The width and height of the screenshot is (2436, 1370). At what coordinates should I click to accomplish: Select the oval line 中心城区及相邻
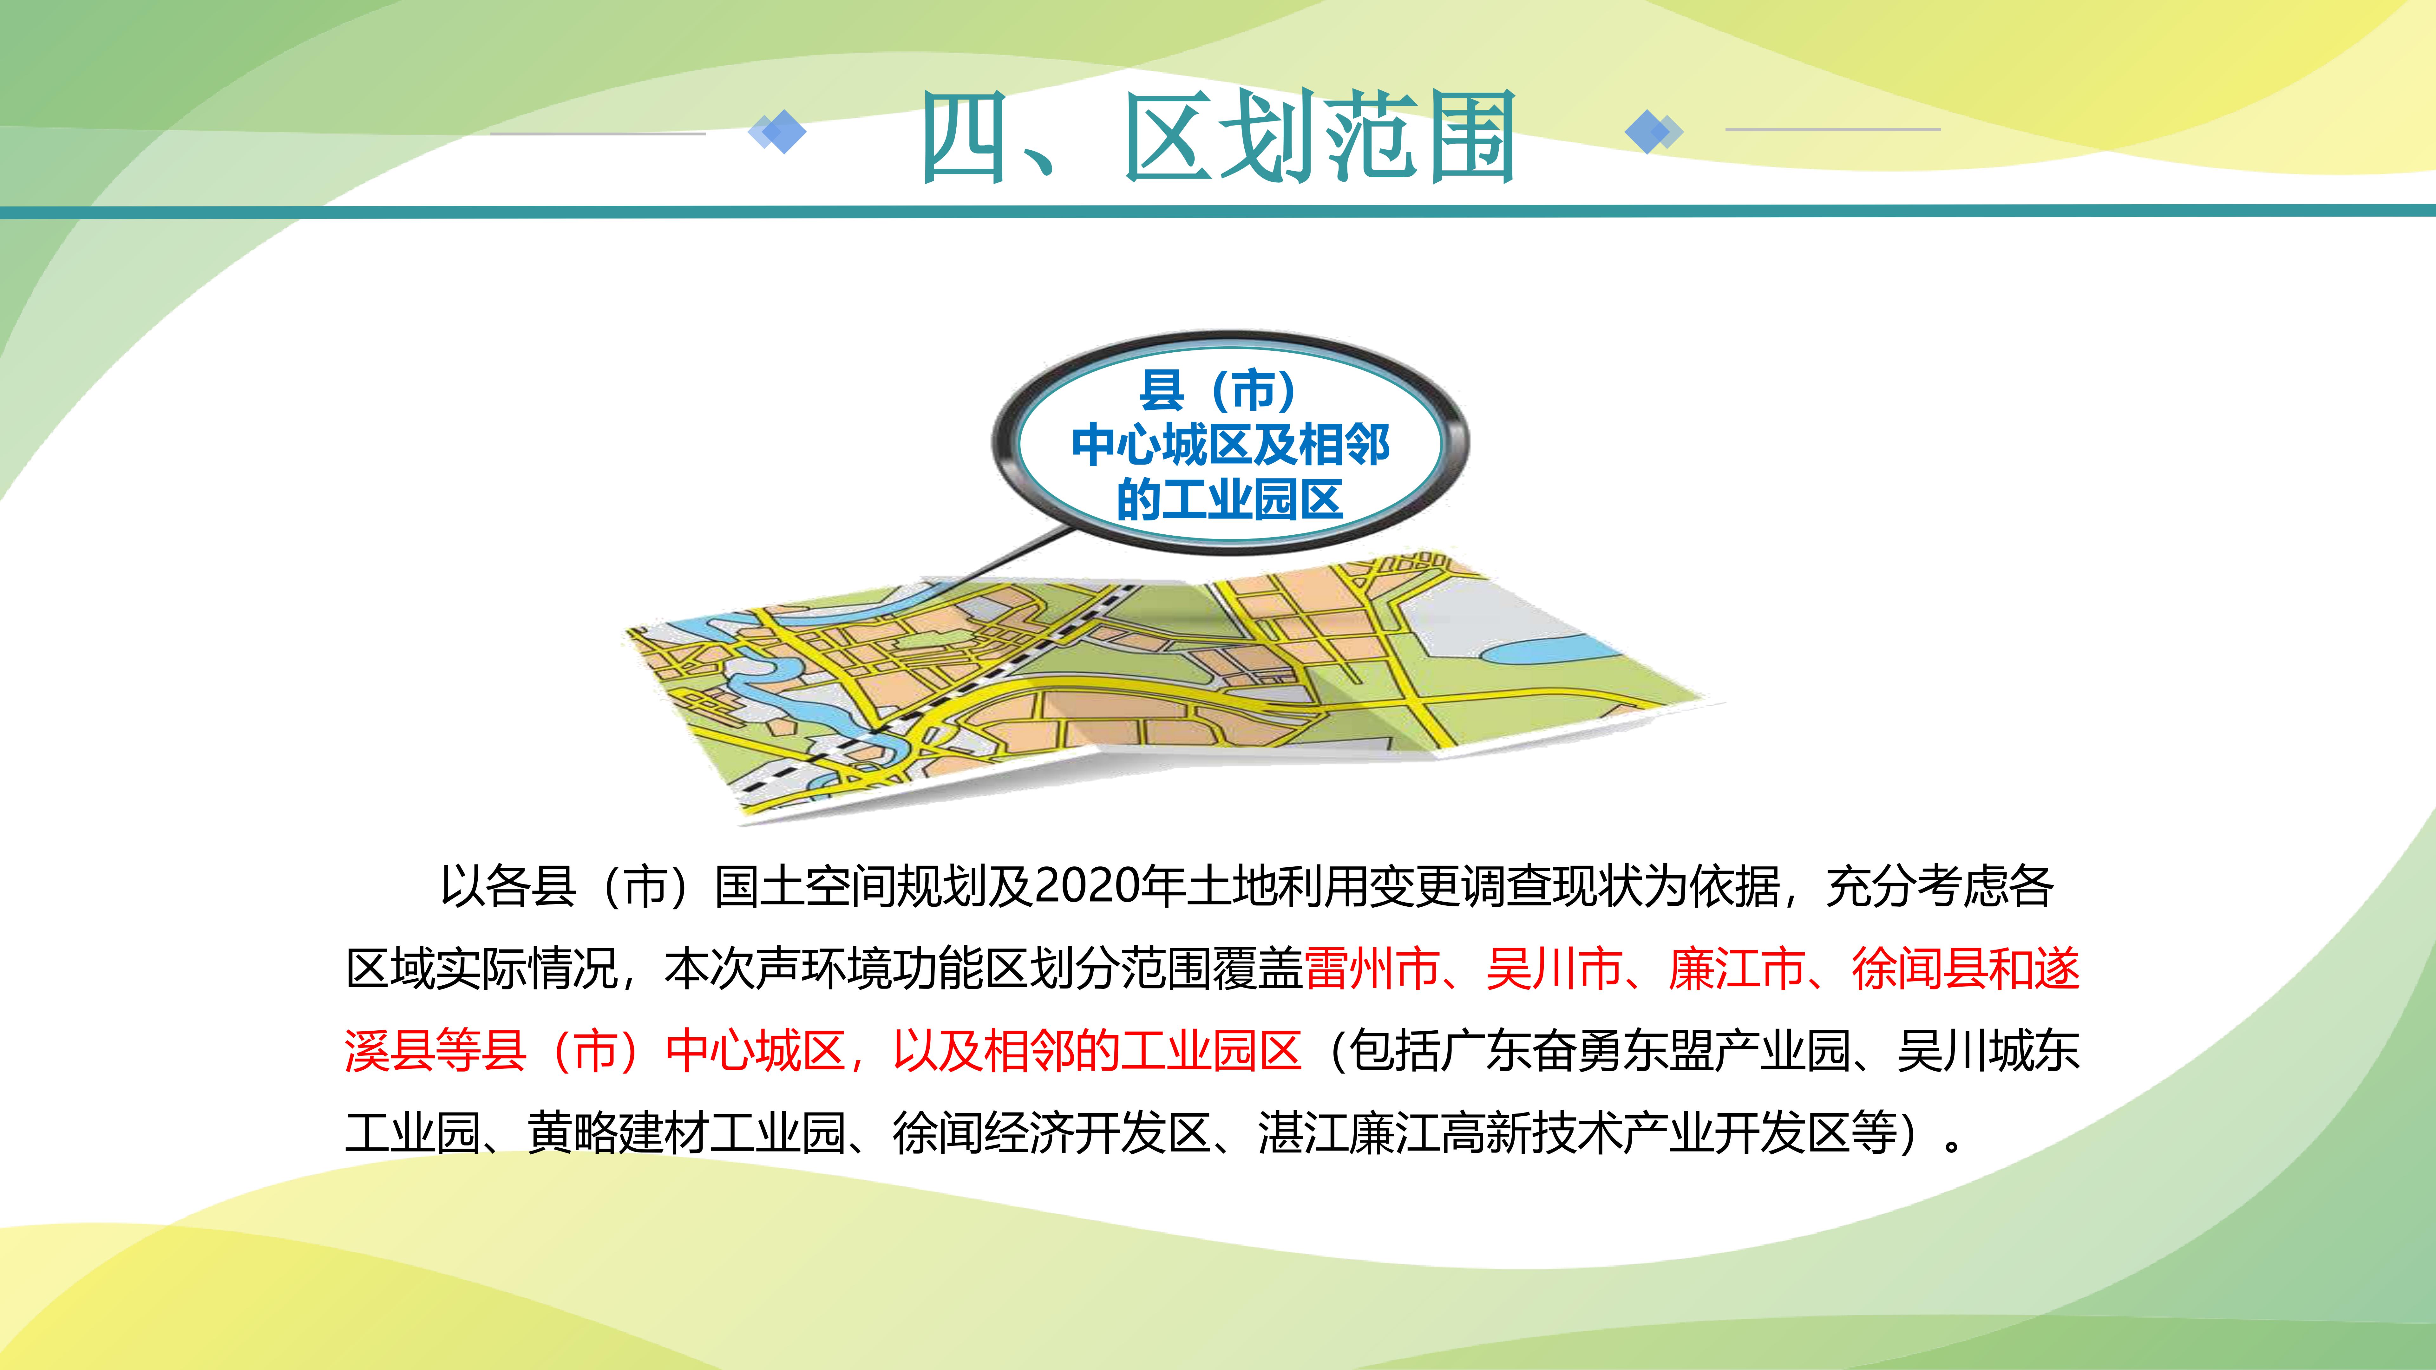(1230, 444)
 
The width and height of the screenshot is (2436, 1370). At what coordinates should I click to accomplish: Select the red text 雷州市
(1372, 969)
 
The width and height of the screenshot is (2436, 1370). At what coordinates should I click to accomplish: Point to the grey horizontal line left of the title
(598, 133)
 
